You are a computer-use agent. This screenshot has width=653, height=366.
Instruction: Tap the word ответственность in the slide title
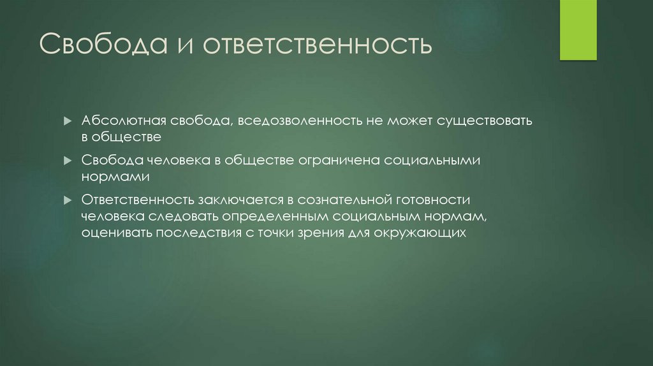click(x=318, y=45)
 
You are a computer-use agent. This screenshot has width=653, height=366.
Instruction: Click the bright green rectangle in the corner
click(x=578, y=30)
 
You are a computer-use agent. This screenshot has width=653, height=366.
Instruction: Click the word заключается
click(x=244, y=200)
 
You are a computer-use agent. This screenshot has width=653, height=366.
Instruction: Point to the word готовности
click(x=430, y=200)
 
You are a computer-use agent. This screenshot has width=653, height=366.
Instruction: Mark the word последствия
click(x=197, y=233)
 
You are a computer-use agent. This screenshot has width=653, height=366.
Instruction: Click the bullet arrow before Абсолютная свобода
click(x=68, y=121)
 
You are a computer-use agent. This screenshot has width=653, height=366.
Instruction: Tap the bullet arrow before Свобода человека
click(x=68, y=160)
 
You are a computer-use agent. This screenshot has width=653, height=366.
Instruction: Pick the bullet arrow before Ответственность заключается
click(x=68, y=200)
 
